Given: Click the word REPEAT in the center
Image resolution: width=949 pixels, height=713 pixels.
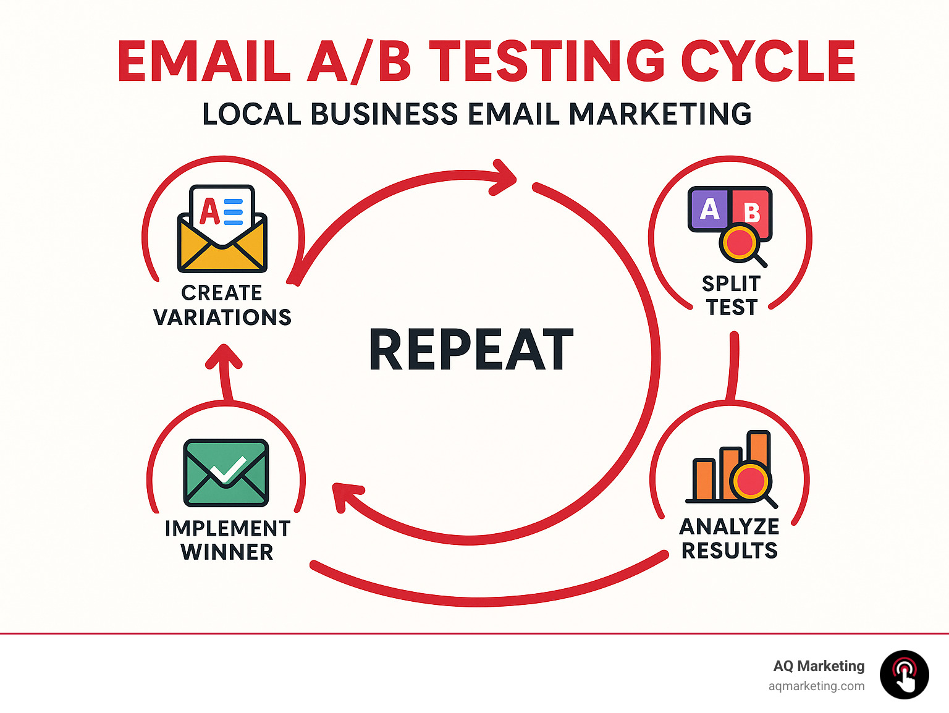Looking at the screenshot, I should click(471, 350).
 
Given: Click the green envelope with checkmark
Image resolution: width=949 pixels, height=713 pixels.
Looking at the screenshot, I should click(226, 473).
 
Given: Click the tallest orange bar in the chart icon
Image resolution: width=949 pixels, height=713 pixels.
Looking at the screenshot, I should click(759, 451).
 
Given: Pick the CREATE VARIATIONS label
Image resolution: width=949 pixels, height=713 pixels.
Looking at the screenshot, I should click(222, 305).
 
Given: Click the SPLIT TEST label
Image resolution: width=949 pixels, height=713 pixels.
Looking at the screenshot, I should click(732, 295).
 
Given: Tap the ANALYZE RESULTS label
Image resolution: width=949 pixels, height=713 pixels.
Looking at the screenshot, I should click(730, 538).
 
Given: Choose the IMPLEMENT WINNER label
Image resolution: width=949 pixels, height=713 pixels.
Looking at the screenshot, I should click(227, 540).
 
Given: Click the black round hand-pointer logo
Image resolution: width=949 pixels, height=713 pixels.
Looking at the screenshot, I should click(904, 675).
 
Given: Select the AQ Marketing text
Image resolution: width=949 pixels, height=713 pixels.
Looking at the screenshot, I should click(819, 665).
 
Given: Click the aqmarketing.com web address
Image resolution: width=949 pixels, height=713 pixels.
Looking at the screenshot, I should click(816, 686).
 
